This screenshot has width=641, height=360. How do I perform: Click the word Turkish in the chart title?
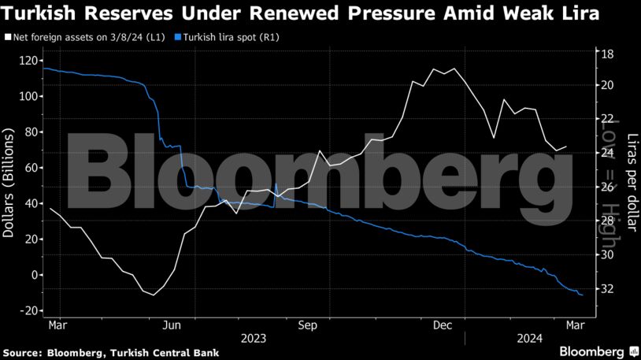[36, 13]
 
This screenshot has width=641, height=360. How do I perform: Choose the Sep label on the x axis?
[307, 324]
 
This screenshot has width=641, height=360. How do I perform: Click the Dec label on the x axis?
[443, 324]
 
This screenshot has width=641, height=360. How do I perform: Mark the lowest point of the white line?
[153, 295]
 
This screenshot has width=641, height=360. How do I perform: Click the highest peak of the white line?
[433, 69]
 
